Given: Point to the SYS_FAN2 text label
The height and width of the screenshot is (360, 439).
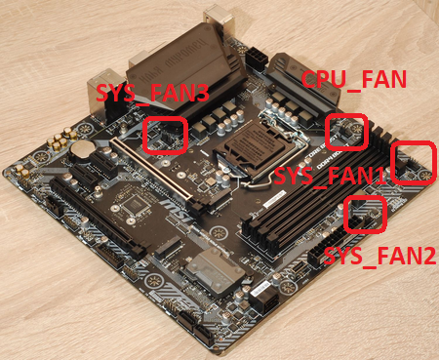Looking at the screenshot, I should [367, 256].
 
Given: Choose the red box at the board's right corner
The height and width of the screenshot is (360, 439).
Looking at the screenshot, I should [414, 163].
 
